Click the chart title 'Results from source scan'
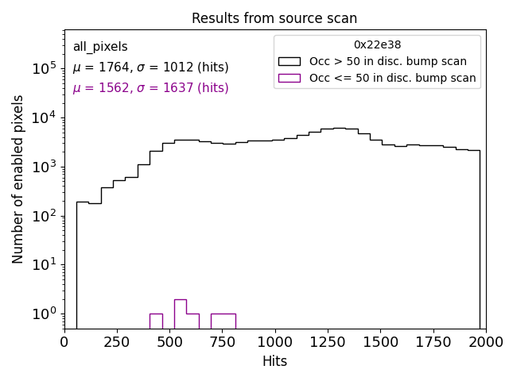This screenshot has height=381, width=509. (274, 18)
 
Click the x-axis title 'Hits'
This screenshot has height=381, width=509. (274, 361)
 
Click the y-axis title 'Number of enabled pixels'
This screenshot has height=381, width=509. (18, 179)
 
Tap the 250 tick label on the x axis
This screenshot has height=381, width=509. (117, 342)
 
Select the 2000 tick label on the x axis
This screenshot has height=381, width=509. (485, 342)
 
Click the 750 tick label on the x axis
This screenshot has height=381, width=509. (222, 342)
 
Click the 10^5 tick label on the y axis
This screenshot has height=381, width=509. (43, 69)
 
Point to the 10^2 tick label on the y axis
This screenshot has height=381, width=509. (43, 216)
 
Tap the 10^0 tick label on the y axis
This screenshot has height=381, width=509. (43, 314)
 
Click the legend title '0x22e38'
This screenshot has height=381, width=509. (377, 45)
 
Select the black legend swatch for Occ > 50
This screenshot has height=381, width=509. (289, 61)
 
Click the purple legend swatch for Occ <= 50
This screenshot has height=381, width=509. (289, 78)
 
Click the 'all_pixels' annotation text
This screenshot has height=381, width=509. (100, 47)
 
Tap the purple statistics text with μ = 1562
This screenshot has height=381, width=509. (150, 88)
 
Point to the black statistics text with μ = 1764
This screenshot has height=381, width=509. (150, 67)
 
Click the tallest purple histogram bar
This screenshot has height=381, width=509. (181, 314)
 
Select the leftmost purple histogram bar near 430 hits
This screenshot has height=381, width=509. (156, 321)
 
